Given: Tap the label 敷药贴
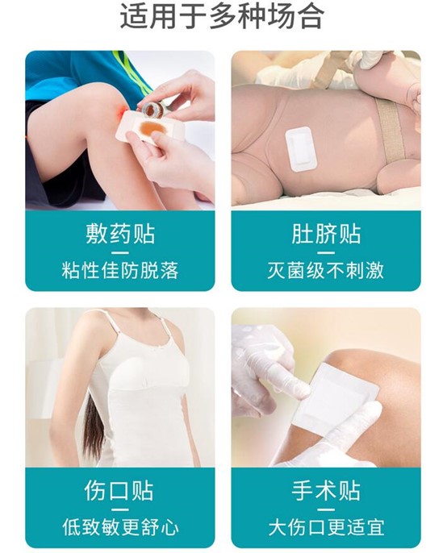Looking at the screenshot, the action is pos(120,234).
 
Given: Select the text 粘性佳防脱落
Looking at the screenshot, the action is pos(120,271).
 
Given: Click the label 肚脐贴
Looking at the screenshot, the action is pos(325,234).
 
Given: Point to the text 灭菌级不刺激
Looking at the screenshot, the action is pos(325,271).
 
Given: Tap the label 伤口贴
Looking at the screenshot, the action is pos(119,491).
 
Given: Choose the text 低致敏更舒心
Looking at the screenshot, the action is pos(120,527).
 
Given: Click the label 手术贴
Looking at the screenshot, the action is pos(325,491).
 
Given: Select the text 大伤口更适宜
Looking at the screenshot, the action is pos(325,527).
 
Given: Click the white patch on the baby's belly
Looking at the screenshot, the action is pos(301,149).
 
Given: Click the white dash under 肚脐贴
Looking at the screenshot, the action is pos(325,253).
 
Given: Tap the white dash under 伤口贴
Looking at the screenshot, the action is pos(120,509).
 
